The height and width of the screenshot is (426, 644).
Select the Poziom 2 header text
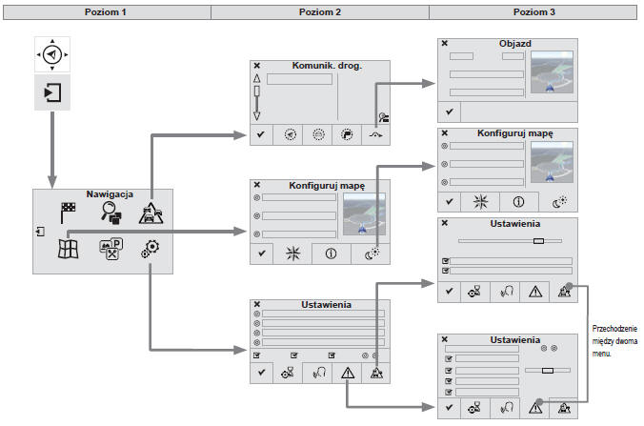click(320, 10)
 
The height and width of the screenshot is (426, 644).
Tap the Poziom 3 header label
click(534, 10)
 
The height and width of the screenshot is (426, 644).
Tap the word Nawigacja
click(101, 193)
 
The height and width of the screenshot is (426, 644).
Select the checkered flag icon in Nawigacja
click(69, 213)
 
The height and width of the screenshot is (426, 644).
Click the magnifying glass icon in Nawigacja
click(111, 214)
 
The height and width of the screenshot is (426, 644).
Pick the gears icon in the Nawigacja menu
click(151, 251)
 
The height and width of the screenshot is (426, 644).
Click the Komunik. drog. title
click(327, 66)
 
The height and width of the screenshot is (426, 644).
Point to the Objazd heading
click(515, 44)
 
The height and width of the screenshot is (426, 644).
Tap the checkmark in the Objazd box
click(449, 112)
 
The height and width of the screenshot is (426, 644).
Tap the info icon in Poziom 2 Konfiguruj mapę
click(331, 254)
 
